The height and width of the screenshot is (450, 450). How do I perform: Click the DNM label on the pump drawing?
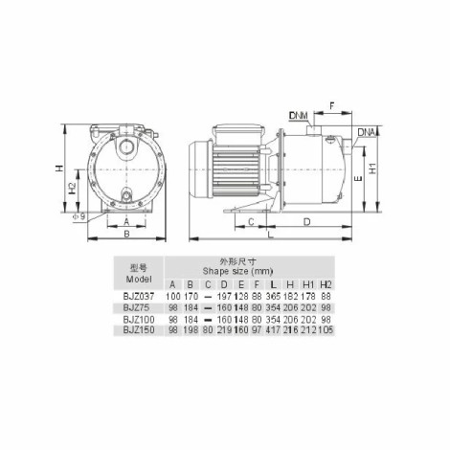(x=299, y=115)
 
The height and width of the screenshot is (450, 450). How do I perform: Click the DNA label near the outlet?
(x=367, y=132)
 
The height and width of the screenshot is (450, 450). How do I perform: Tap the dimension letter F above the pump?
(x=332, y=105)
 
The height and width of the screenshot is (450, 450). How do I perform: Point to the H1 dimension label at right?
(x=372, y=169)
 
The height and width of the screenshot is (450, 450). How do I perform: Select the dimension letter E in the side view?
(x=359, y=178)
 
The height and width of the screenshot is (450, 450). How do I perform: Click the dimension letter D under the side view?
(x=306, y=222)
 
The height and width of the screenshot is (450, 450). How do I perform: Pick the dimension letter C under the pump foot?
(x=251, y=222)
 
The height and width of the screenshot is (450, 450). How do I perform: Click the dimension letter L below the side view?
(x=271, y=235)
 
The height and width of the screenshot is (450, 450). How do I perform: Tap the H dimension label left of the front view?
(x=59, y=169)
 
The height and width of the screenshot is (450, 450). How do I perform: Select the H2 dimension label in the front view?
(x=73, y=189)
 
